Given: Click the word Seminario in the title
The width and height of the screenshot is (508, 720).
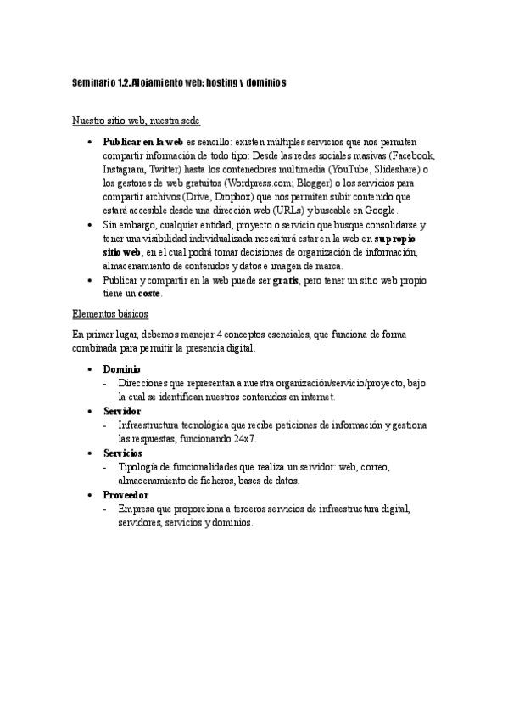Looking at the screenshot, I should [x=92, y=83].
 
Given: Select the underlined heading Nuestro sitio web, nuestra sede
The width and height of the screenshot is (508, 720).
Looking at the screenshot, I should [x=136, y=122].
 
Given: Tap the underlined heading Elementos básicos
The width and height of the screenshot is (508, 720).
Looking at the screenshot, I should [x=111, y=315].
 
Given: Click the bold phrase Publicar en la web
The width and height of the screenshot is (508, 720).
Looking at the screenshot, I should [x=142, y=142].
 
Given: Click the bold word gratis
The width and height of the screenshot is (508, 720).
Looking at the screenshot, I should [x=285, y=279].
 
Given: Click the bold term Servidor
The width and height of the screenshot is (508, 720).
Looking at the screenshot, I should [x=122, y=411].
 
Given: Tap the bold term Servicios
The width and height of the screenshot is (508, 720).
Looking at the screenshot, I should [x=123, y=453].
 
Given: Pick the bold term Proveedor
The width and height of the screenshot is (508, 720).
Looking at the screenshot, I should [x=126, y=494].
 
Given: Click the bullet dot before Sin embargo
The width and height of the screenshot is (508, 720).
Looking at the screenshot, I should [x=90, y=225].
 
